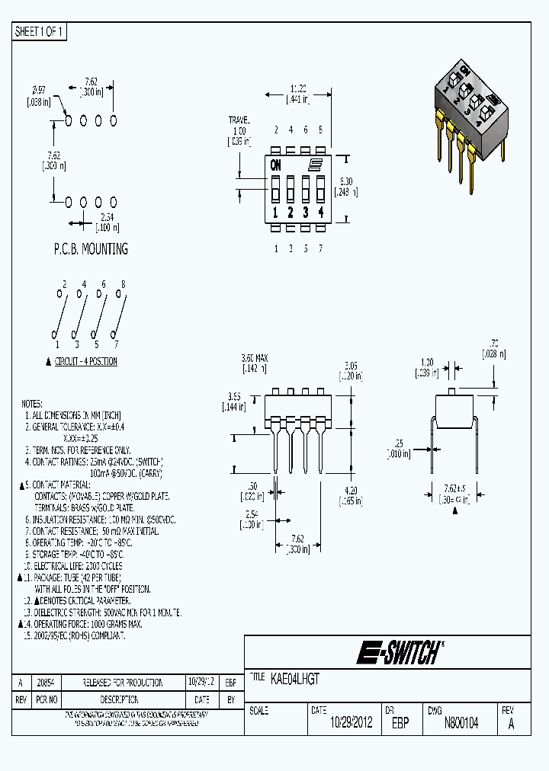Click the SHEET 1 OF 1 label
point(40,31)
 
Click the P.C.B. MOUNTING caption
point(90,249)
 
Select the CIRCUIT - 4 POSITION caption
point(85,361)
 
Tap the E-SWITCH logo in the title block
point(399,652)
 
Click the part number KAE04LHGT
point(295,677)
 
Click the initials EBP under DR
point(400,723)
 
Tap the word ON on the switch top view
point(275,165)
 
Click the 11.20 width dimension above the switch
point(297,88)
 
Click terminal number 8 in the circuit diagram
point(123,284)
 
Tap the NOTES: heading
point(32,404)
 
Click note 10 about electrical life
point(73,566)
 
